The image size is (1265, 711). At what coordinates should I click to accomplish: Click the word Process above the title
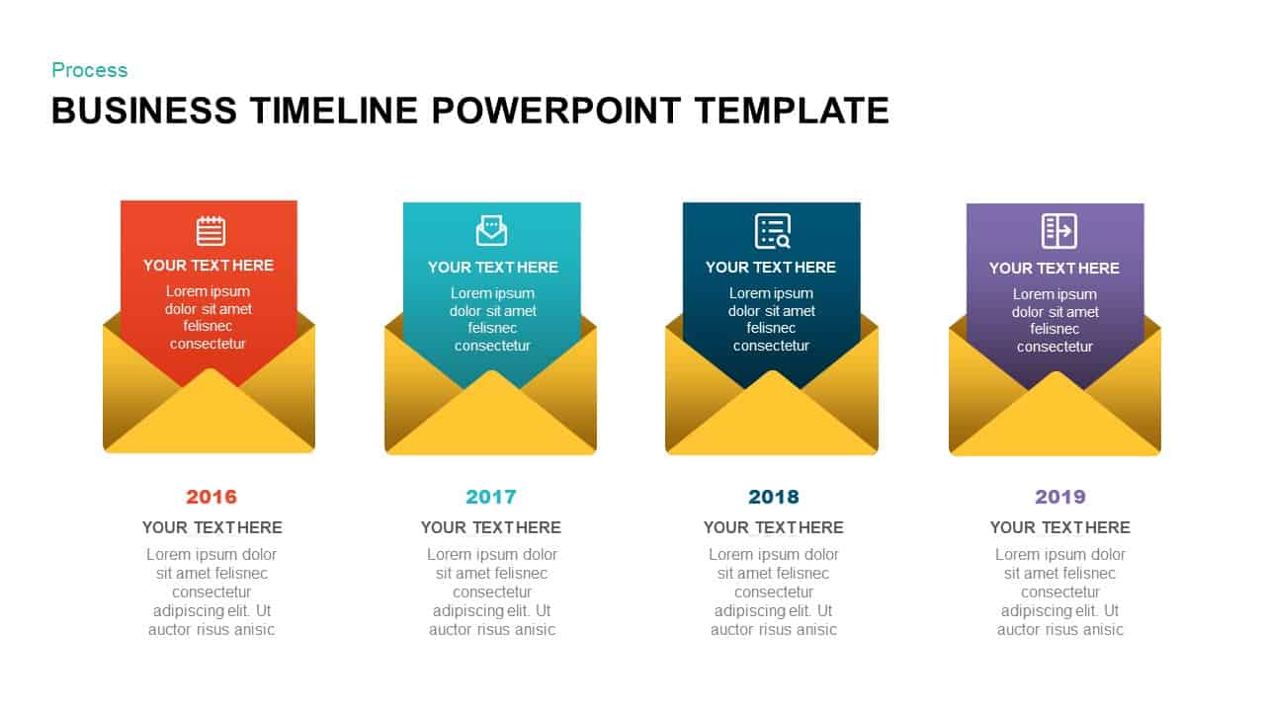[89, 70]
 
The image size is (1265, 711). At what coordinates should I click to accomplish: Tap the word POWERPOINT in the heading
[556, 111]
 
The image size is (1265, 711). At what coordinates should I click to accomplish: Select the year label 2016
[211, 497]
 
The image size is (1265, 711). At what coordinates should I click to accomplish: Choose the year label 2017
[491, 497]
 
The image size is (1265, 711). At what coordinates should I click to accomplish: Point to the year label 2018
[774, 497]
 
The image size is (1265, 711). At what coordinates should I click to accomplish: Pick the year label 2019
[1059, 497]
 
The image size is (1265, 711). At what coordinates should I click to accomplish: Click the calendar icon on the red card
[211, 231]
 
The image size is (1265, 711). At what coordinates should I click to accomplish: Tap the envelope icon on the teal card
[491, 231]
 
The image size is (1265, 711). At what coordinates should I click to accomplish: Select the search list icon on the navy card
[773, 231]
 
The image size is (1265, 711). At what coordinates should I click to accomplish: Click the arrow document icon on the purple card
[1058, 231]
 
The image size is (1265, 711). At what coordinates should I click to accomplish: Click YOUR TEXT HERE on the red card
[209, 265]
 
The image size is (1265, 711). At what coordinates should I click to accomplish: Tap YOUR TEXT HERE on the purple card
[1054, 268]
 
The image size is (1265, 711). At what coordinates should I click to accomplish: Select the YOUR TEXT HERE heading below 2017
[491, 527]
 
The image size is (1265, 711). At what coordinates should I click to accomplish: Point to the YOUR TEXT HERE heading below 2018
[774, 527]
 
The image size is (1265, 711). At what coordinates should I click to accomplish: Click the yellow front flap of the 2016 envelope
[210, 420]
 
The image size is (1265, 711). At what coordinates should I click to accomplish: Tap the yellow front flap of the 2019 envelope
[1055, 423]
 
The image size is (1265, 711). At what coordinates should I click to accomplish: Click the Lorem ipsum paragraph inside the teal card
[492, 319]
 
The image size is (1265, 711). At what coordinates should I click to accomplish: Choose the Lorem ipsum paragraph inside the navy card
[772, 319]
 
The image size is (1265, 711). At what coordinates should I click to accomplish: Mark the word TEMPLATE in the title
[792, 111]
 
